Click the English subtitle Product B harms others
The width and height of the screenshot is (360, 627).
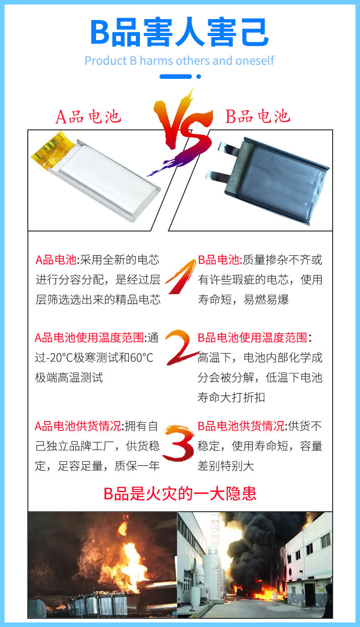(180, 61)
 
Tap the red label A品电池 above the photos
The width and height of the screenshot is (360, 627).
(88, 117)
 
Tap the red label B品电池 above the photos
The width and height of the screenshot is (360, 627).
(258, 117)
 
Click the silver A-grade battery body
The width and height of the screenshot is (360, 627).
(107, 180)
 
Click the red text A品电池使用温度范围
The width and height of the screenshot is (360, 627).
(89, 338)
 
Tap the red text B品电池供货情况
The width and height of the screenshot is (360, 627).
(241, 426)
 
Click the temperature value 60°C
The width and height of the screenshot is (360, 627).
(142, 358)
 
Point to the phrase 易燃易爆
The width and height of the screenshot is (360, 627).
(266, 299)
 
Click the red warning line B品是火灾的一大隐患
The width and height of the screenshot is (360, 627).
(180, 493)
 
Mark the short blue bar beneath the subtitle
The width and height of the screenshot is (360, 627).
(175, 77)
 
